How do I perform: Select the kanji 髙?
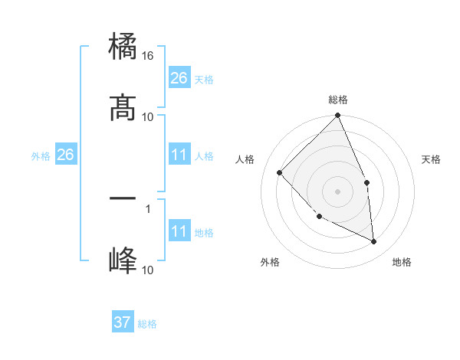pyautogui.click(x=123, y=109)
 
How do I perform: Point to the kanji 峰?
pyautogui.click(x=123, y=261)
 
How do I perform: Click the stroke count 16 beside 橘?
pyautogui.click(x=149, y=56)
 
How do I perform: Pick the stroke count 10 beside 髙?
pyautogui.click(x=148, y=116)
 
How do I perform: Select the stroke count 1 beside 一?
pyautogui.click(x=148, y=207)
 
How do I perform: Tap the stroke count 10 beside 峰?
pyautogui.click(x=148, y=270)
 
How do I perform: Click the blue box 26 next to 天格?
pyautogui.click(x=179, y=78)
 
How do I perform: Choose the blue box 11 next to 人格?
pyautogui.click(x=179, y=155)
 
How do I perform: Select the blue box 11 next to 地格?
pyautogui.click(x=179, y=232)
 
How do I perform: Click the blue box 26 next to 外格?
pyautogui.click(x=65, y=155)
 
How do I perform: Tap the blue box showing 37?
pyautogui.click(x=123, y=322)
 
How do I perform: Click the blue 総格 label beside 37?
pyautogui.click(x=147, y=324)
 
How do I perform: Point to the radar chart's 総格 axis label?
pyautogui.click(x=338, y=100)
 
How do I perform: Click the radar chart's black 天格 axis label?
pyautogui.click(x=432, y=159)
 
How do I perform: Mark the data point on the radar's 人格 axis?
pyautogui.click(x=280, y=172)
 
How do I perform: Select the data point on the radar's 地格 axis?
pyautogui.click(x=374, y=241)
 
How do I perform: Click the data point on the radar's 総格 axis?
pyautogui.click(x=338, y=116)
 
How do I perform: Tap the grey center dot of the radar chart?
pyautogui.click(x=338, y=191)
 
